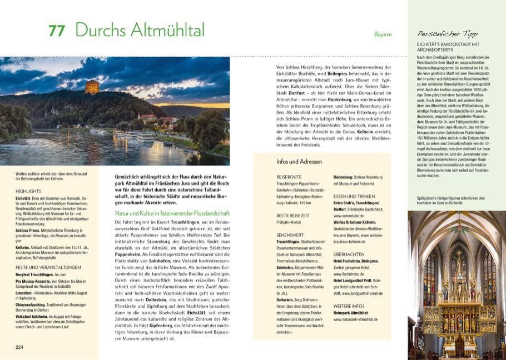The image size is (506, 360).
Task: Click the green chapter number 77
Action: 56,31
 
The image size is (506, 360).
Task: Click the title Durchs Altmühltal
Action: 140,30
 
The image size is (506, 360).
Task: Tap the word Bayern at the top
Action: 383,34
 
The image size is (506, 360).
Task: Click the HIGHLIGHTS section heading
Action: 28,191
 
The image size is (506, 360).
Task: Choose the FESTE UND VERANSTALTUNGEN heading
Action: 48,267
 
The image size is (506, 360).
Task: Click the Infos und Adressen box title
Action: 299,162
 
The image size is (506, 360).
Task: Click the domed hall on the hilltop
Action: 92,87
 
